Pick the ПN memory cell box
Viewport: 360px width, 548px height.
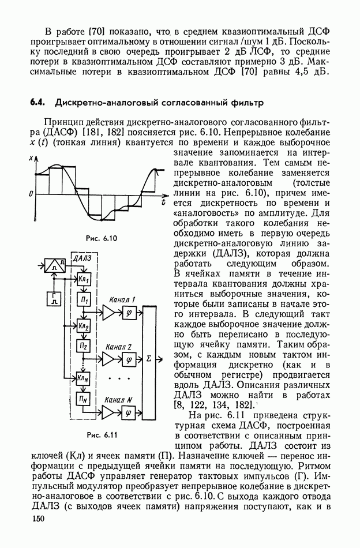click(x=84, y=398)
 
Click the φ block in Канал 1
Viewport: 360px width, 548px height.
click(x=128, y=312)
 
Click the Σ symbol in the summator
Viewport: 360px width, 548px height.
click(x=149, y=359)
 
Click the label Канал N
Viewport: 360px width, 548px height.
click(x=119, y=399)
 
